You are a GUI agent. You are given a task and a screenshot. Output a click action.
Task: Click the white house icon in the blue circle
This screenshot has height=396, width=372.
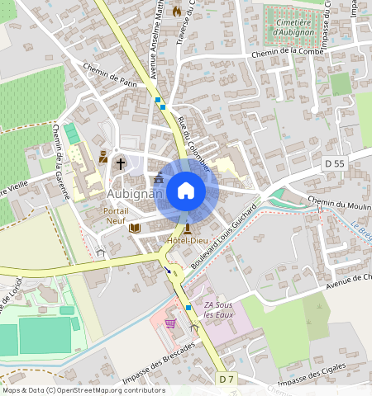(x=186, y=191)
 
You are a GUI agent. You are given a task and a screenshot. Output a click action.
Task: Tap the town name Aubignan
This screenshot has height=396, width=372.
(x=132, y=192)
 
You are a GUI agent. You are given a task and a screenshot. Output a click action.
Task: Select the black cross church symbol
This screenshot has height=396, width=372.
(x=121, y=163)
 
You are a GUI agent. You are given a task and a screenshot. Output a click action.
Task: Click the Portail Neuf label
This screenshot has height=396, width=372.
(x=116, y=217)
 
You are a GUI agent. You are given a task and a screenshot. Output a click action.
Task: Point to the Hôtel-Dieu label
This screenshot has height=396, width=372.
(x=188, y=240)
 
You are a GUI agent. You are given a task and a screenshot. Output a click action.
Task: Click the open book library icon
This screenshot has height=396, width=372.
(x=134, y=228)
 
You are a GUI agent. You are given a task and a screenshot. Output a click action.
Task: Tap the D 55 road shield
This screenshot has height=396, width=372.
(x=334, y=164)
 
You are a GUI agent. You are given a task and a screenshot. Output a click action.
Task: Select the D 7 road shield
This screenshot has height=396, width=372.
(x=227, y=378)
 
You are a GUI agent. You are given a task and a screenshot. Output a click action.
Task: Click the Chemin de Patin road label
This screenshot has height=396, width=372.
(x=108, y=78)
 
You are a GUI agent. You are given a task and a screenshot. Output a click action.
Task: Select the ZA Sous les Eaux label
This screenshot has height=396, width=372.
(x=218, y=309)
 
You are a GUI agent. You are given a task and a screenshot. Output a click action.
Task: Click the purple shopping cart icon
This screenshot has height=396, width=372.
(x=171, y=323)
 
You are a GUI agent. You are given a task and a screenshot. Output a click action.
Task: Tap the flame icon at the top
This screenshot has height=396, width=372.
(x=176, y=11)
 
